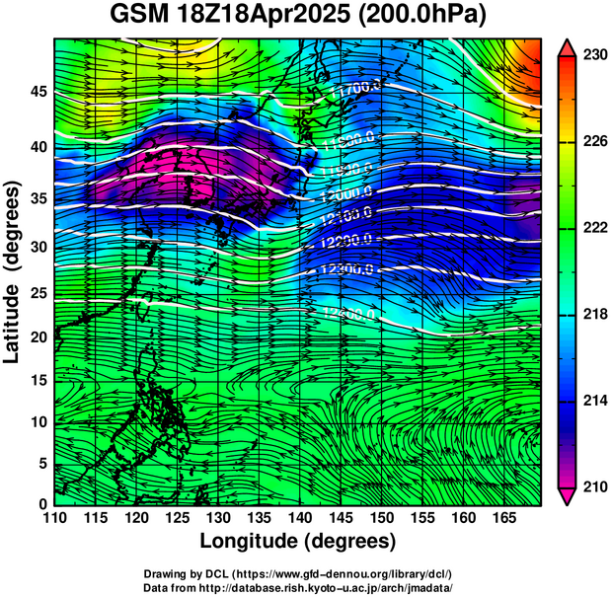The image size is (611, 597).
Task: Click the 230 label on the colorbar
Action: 592,56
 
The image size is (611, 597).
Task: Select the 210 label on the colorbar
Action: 592,486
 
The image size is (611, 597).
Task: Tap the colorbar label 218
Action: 592,315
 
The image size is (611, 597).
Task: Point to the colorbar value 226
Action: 592,142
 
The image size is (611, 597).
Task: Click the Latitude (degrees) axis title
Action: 13,270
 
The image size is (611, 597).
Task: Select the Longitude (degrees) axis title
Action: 298,542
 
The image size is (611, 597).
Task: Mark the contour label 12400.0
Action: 350,314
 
